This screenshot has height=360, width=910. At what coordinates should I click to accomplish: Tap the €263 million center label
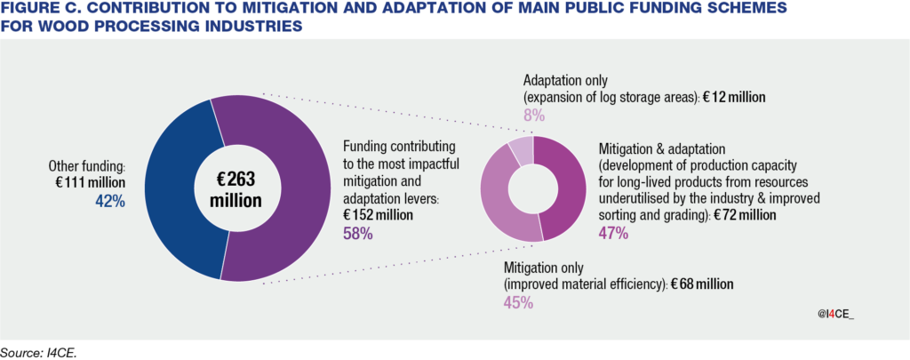pyautogui.click(x=235, y=189)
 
